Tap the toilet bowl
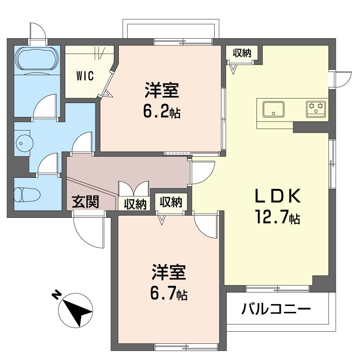[27, 195]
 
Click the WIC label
[85, 76]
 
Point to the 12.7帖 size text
[276, 218]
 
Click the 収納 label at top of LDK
[242, 53]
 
